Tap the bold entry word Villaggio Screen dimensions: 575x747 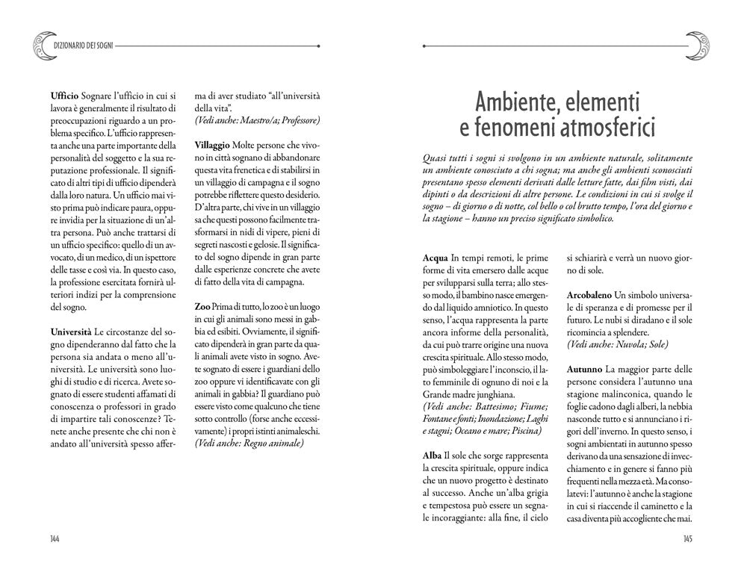(x=212, y=143)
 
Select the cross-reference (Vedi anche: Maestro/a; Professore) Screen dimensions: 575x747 (x=257, y=120)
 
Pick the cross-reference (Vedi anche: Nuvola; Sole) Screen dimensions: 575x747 (x=617, y=344)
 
